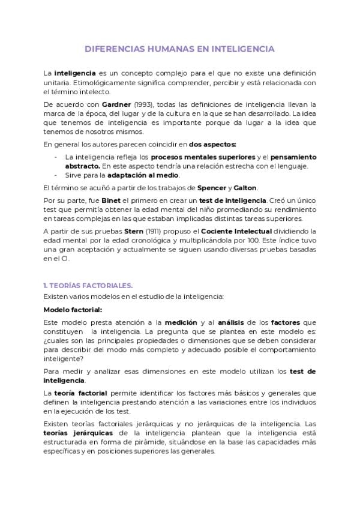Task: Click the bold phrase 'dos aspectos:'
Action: pos(212,144)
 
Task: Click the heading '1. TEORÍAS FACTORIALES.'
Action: pos(88,285)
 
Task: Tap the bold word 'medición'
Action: pos(181,322)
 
